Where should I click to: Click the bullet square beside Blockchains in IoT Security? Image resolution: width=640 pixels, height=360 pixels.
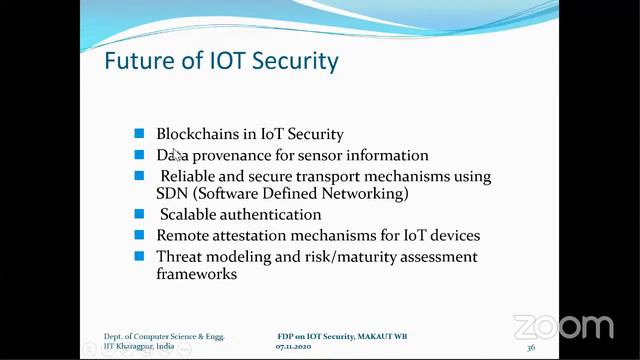click(x=139, y=134)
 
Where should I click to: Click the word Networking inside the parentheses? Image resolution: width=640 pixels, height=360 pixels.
click(x=365, y=193)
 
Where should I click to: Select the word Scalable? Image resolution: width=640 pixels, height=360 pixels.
click(x=190, y=214)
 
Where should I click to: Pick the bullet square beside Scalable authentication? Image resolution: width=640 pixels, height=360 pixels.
click(x=139, y=214)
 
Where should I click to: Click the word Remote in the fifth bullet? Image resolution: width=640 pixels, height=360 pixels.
click(x=183, y=236)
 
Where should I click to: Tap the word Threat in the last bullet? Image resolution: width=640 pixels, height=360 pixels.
click(x=181, y=257)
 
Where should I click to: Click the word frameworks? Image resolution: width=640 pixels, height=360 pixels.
click(x=196, y=273)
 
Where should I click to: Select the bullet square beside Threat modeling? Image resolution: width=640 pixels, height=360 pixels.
click(x=139, y=257)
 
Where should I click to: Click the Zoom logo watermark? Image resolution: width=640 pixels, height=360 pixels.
click(x=563, y=327)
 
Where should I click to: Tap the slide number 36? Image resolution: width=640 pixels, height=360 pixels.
click(x=530, y=347)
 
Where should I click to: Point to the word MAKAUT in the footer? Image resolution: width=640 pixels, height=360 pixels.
click(x=375, y=336)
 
